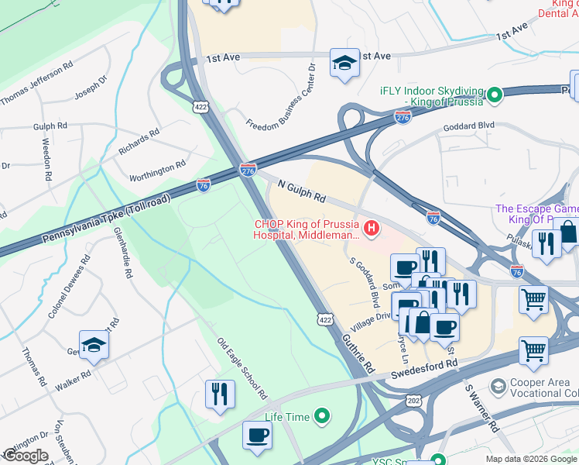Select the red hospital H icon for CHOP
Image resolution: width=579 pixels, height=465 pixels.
[x=372, y=228]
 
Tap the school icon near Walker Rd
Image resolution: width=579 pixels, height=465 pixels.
[x=94, y=345]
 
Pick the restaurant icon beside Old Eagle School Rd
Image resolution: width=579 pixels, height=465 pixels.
[x=221, y=393]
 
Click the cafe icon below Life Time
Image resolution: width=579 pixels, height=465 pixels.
[x=257, y=435]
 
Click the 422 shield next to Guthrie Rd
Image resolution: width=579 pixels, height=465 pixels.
[x=324, y=318]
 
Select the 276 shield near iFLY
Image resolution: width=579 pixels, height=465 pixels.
[x=403, y=117]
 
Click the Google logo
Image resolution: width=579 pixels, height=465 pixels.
[x=26, y=455]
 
